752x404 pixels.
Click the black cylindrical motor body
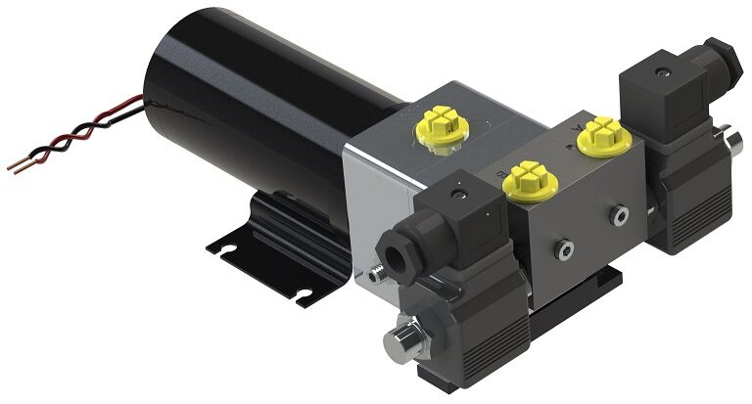click(x=245, y=117)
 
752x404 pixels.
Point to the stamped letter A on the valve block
click(x=580, y=127)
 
